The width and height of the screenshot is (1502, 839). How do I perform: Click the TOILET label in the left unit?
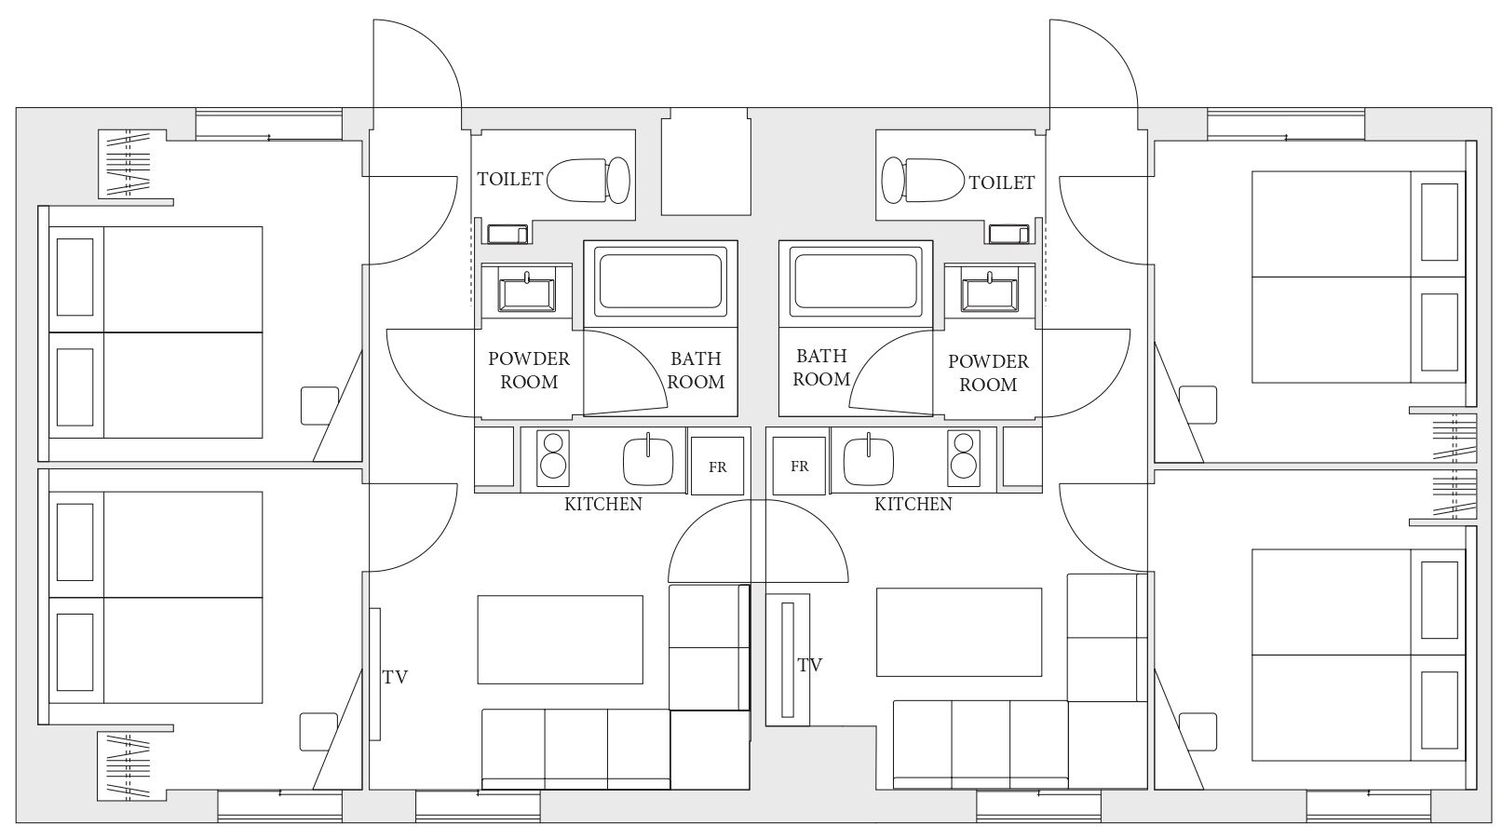[509, 179]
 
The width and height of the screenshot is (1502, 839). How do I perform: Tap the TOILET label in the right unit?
[1002, 183]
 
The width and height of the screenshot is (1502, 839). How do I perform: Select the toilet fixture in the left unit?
[589, 180]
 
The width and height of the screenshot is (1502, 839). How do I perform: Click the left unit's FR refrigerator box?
[717, 467]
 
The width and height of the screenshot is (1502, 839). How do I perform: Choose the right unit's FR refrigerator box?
[799, 467]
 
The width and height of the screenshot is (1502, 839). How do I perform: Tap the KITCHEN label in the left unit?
[602, 505]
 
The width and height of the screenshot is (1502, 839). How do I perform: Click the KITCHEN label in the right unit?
[913, 505]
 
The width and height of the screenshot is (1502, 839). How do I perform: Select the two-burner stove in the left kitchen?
[553, 459]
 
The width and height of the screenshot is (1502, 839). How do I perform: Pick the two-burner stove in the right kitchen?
[964, 459]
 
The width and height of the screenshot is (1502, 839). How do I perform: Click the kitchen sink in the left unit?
[648, 461]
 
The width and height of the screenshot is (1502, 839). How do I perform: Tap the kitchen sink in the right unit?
[869, 461]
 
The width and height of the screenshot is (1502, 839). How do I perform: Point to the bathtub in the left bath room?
[661, 281]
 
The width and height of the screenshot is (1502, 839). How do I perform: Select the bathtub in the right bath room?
[856, 281]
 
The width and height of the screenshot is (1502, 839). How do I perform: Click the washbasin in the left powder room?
[527, 292]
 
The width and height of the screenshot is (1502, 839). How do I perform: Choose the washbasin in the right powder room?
[990, 292]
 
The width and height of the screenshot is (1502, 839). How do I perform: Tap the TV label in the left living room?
[395, 677]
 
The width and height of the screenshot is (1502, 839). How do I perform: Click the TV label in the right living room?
[810, 665]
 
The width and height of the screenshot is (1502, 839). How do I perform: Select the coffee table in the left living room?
[560, 640]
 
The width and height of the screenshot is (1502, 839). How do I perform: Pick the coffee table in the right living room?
[959, 632]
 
